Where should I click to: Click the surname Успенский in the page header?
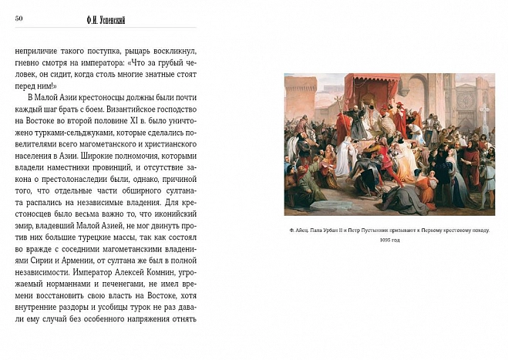coord(116,19)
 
